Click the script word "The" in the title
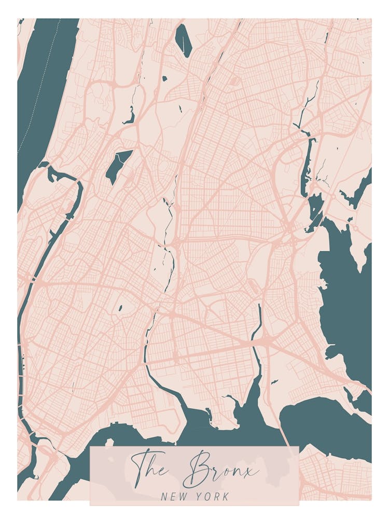click(150, 467)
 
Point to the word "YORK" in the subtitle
click(213, 497)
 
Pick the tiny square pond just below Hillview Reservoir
click(164, 79)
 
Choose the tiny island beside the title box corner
click(109, 442)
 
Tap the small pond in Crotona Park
click(120, 308)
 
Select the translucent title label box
click(195, 475)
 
